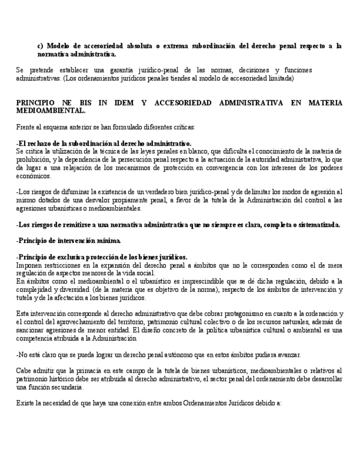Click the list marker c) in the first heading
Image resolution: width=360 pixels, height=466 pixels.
40,46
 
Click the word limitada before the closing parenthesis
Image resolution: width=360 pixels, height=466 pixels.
280,78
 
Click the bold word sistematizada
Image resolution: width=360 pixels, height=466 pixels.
317,225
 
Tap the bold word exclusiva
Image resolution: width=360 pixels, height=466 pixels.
69,257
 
